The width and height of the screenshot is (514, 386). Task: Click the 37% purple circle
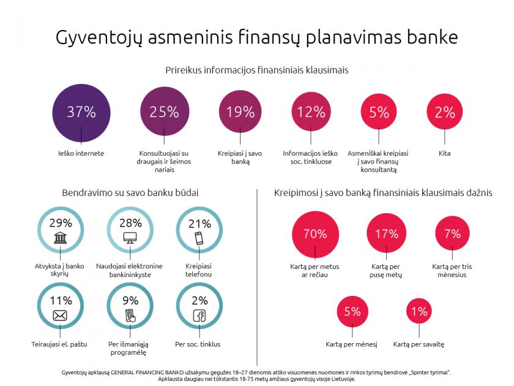[81, 112]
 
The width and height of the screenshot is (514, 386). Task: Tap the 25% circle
[164, 112]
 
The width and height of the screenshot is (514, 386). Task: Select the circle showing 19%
[240, 112]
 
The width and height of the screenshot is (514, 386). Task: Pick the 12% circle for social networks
[311, 112]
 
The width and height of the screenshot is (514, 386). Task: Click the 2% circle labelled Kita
[445, 112]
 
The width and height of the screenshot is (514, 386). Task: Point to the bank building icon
[61, 238]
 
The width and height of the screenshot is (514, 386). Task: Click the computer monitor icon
[130, 238]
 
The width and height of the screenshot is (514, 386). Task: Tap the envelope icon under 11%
[60, 316]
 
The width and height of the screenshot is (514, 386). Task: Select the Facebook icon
[199, 316]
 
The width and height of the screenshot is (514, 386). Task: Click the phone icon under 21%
[199, 238]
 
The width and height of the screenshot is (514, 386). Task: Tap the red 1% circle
[419, 311]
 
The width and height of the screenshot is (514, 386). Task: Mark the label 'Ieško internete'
[81, 153]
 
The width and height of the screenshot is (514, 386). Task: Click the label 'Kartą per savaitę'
[419, 344]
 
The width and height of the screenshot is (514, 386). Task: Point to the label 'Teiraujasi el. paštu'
[61, 344]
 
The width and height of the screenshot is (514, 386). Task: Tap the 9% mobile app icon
[130, 316]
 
